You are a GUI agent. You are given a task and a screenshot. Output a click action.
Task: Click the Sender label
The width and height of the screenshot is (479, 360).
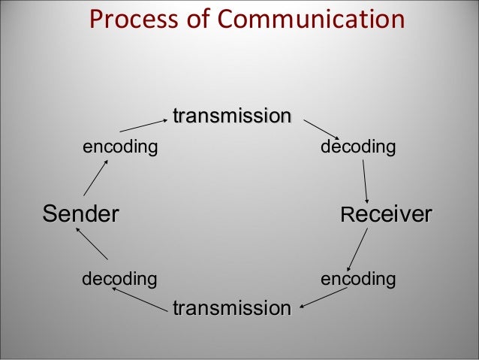tap(80, 213)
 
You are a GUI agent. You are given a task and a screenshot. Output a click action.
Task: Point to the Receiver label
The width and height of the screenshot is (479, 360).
tap(386, 213)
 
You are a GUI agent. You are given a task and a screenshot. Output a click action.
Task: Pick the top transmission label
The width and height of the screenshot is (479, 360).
tap(232, 116)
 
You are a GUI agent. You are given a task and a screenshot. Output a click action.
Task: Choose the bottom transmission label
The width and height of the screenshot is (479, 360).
tap(231, 308)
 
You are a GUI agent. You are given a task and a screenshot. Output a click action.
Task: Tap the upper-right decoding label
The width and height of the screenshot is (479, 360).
tap(357, 146)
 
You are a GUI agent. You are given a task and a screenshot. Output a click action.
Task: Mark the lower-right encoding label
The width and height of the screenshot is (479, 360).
tap(358, 280)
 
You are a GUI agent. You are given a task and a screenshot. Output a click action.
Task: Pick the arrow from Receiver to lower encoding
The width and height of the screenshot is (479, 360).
tap(358, 249)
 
